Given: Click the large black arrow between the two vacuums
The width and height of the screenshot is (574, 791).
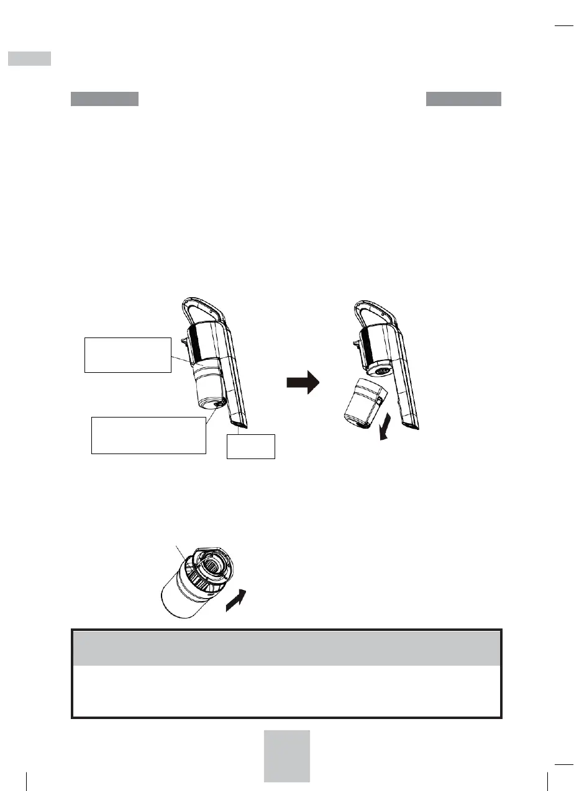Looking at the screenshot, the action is pyautogui.click(x=302, y=383).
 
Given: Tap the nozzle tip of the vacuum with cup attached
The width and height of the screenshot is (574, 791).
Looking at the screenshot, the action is pyautogui.click(x=239, y=424).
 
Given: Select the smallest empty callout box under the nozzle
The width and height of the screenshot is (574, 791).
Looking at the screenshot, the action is pyautogui.click(x=251, y=446).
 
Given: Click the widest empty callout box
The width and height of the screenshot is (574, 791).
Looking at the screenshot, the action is pyautogui.click(x=148, y=436).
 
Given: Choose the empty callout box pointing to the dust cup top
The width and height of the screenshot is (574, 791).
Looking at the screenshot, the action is pyautogui.click(x=127, y=355).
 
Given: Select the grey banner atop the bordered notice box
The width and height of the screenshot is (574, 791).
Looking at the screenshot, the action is pyautogui.click(x=286, y=648).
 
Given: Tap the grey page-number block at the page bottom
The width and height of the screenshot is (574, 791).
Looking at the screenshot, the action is pyautogui.click(x=286, y=756).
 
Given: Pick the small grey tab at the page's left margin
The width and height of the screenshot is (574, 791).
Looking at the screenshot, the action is pyautogui.click(x=29, y=58).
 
